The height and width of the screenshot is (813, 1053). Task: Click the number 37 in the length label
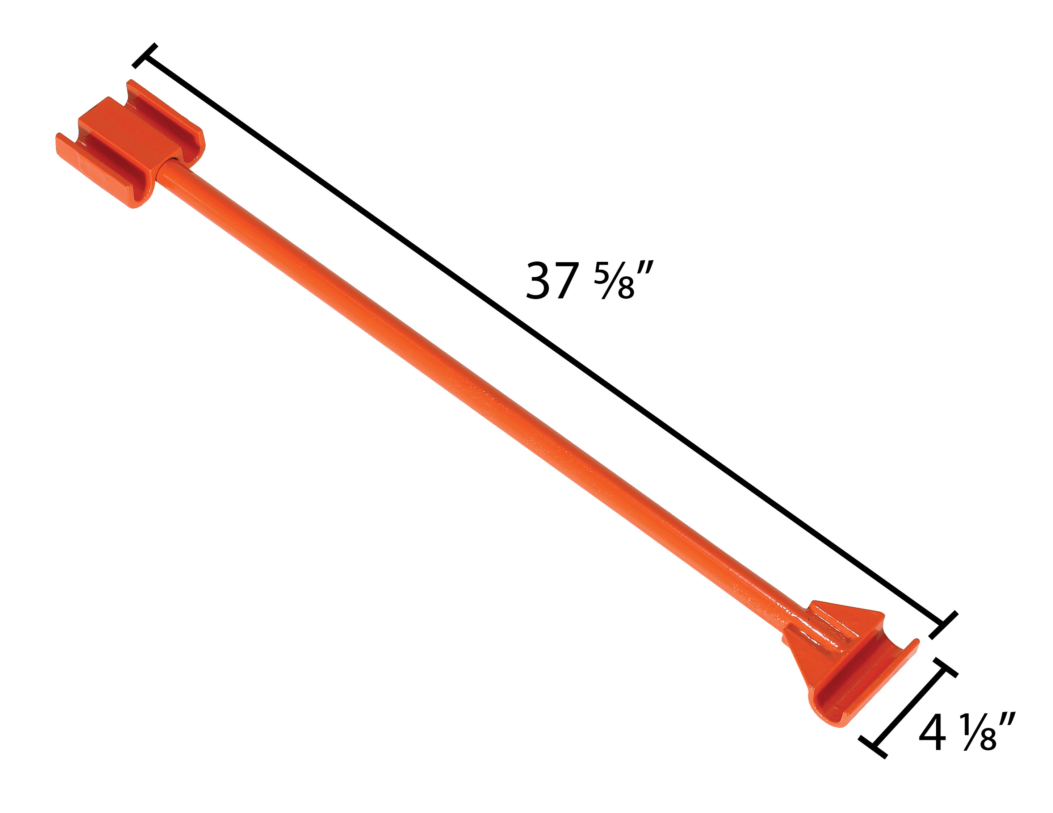[552, 281]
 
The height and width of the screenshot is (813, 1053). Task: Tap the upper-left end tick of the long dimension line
[144, 55]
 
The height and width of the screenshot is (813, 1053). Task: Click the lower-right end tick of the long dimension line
[943, 625]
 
